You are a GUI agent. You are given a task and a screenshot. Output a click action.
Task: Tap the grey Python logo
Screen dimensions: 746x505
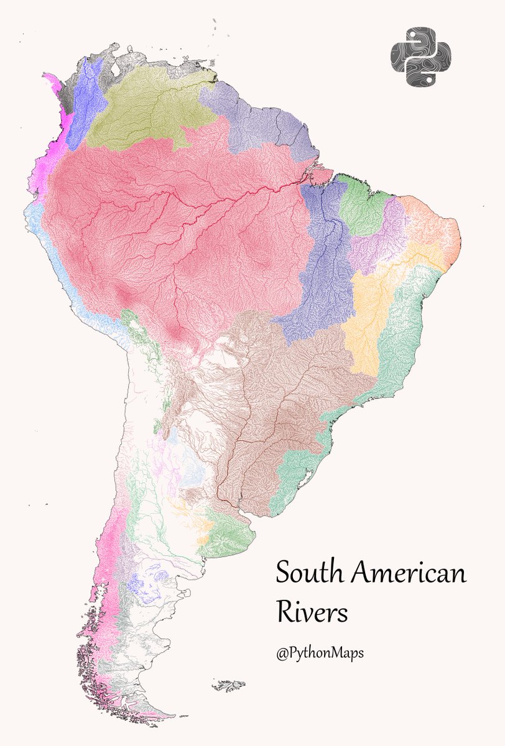tap(421, 57)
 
